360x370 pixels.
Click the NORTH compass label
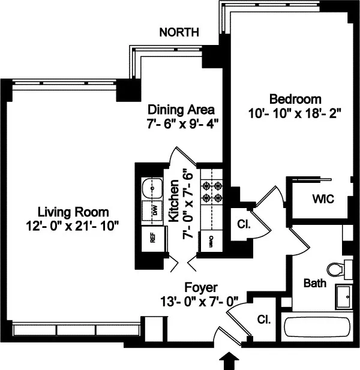[179, 32]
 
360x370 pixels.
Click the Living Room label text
[73, 212]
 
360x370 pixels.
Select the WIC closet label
[322, 198]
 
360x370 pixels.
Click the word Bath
[314, 282]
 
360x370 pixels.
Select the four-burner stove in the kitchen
[211, 190]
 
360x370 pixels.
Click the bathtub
[316, 328]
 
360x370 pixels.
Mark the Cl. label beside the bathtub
[264, 320]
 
